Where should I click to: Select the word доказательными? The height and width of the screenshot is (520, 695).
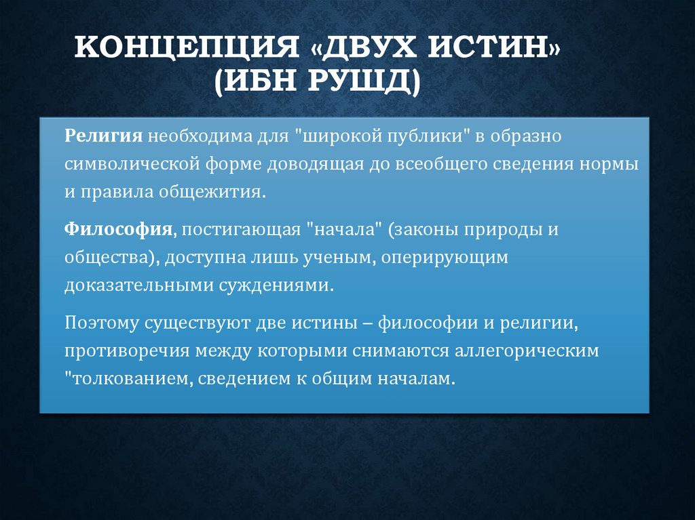(138, 286)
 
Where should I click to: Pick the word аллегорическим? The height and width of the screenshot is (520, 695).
(532, 351)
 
